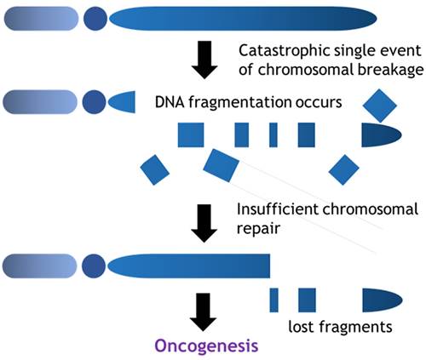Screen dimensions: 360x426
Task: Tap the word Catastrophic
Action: click(278, 49)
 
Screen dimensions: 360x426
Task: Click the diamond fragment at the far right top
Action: click(377, 105)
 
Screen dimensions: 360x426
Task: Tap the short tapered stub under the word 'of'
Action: click(122, 103)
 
